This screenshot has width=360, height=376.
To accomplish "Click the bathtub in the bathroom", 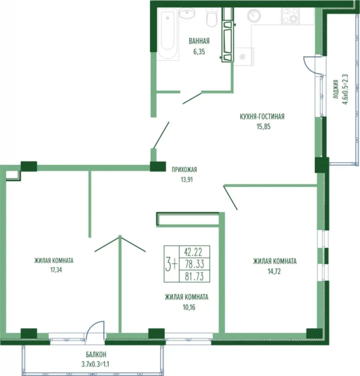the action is [x=168, y=33].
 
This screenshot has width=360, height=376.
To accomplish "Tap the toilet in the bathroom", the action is [x=212, y=17].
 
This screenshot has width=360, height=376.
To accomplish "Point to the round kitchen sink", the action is [x=254, y=16].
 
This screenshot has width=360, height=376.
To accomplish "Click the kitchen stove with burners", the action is [x=290, y=16].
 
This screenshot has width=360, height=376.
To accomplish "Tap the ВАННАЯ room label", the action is [x=199, y=41].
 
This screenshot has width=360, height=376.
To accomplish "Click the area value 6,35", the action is [x=199, y=52].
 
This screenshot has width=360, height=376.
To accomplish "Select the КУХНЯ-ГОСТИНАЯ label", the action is [x=262, y=117].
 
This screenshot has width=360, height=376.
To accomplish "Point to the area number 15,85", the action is [x=263, y=126].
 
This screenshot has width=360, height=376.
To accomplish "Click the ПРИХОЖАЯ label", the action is [x=184, y=170].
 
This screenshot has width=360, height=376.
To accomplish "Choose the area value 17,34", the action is [x=56, y=270].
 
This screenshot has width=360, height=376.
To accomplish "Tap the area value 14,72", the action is [x=274, y=272].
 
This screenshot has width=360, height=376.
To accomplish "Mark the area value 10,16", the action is [x=189, y=307].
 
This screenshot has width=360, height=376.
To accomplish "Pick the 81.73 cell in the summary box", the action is [x=195, y=276].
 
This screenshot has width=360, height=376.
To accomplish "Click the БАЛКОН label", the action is [x=96, y=354].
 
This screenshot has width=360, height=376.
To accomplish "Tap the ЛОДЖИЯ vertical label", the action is [x=336, y=89].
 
